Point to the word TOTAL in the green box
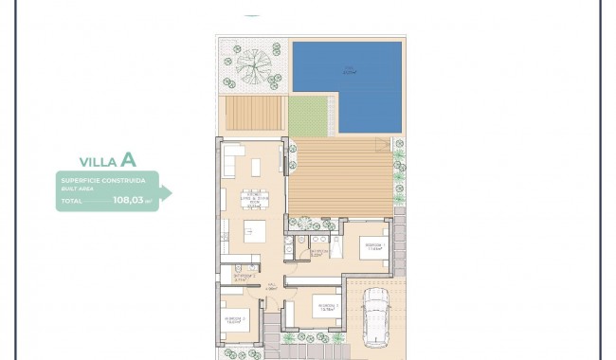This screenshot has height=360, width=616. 71,201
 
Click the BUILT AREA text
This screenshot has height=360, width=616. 74,188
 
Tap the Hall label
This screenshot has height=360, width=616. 270,285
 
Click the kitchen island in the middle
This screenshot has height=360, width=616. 254,230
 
